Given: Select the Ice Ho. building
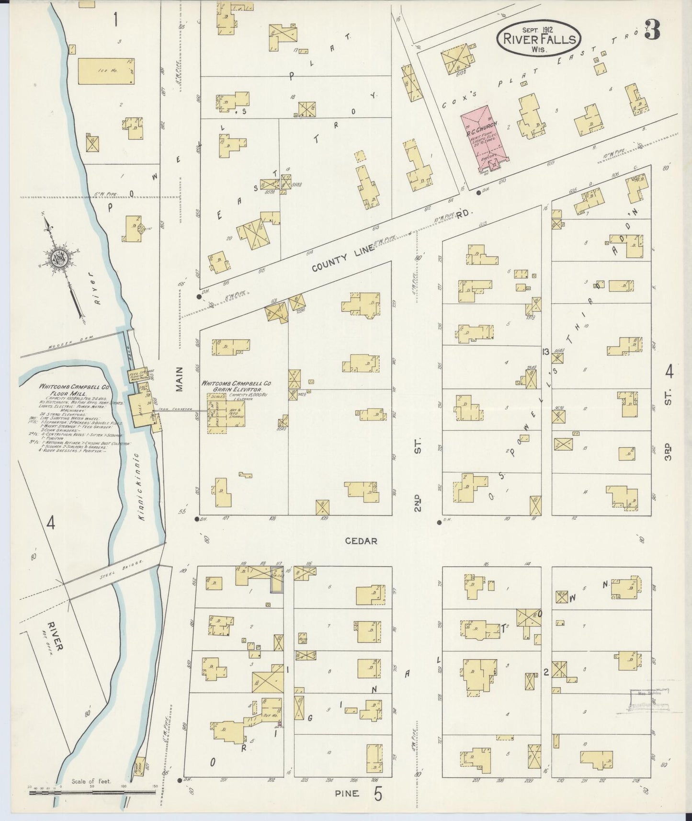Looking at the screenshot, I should point(106,71).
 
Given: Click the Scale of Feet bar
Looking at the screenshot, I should point(93,793).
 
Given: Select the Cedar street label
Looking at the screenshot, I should point(361,541).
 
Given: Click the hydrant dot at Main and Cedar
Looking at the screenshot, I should point(197,519).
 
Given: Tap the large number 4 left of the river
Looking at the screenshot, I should point(50,523).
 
